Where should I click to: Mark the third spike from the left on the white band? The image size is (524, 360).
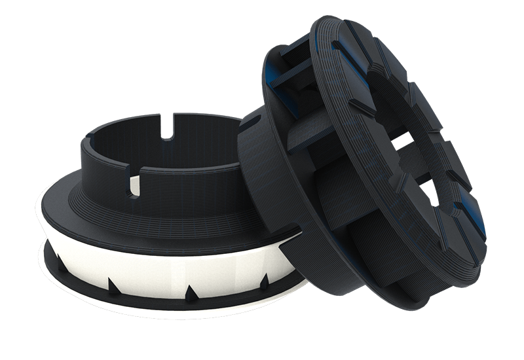(191, 291)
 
